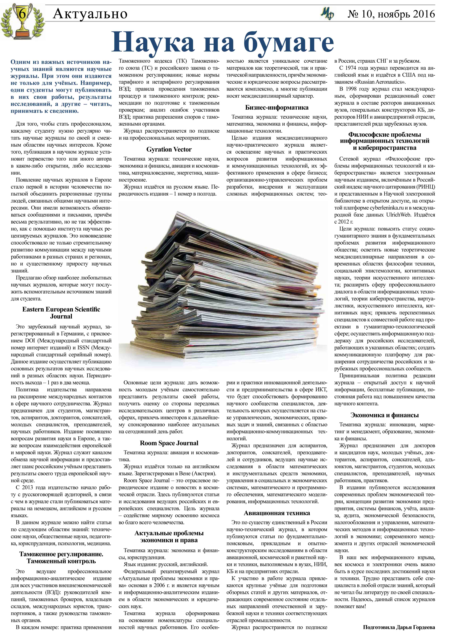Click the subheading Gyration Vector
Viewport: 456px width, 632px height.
(169, 149)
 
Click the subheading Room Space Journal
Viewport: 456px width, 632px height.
(169, 443)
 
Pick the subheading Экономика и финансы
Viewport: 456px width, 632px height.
(384, 415)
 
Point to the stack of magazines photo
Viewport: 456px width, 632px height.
(223, 287)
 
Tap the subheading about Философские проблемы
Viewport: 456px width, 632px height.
(384, 141)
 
